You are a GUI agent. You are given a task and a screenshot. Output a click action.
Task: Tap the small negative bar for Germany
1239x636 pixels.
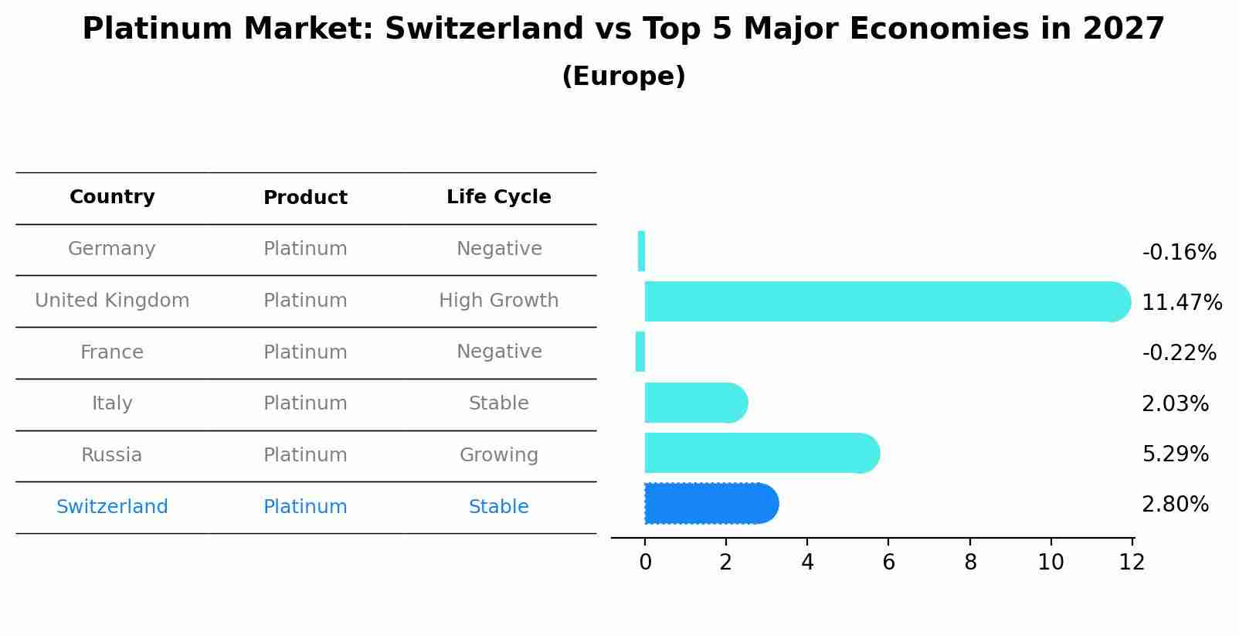coord(641,251)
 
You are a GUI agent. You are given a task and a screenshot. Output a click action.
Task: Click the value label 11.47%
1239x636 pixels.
coord(1181,302)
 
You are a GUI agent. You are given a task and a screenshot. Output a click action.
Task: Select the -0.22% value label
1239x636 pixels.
coord(1179,353)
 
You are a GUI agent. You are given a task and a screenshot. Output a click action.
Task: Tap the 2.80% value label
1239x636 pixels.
coord(1175,505)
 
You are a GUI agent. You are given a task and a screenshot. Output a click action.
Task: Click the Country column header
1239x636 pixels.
coord(112,197)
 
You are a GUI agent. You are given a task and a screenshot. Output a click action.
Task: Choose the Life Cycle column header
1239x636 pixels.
coord(498,197)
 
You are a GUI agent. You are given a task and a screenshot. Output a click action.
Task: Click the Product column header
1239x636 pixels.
coord(305,198)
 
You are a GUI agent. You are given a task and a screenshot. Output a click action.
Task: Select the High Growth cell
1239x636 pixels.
coord(498,301)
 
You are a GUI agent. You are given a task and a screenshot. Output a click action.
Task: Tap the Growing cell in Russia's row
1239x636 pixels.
coord(498,455)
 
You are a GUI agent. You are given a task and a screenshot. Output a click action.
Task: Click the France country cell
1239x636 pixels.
coord(112,352)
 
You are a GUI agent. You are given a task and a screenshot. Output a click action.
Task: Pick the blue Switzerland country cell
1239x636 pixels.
coord(112,507)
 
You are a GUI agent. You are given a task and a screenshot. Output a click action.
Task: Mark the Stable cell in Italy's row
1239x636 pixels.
coord(498,403)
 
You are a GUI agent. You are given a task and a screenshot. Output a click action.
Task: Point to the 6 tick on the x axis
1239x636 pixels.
coord(888,563)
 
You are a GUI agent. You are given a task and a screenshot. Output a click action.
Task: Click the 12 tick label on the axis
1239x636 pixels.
coord(1132,563)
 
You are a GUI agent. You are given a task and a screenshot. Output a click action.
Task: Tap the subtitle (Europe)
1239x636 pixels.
coord(623,77)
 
